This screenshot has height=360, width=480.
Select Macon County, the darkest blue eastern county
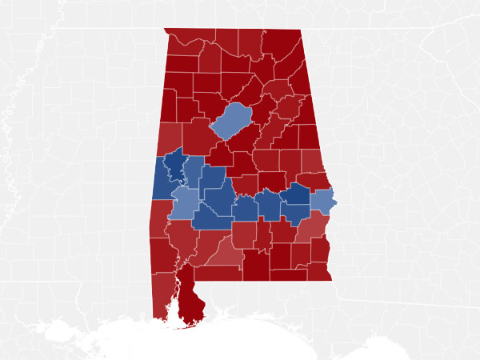coord(296,193)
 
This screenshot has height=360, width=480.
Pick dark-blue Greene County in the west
coord(174,165)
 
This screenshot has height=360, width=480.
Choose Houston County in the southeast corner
coord(318,270)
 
